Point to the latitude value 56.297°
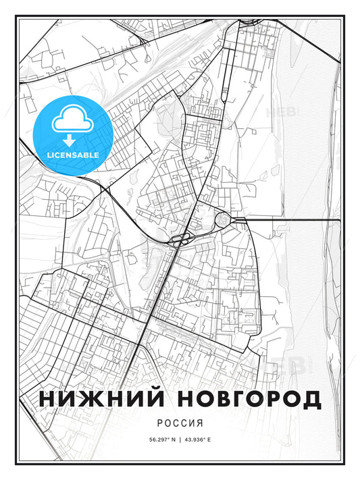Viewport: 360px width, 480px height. [x=160, y=440]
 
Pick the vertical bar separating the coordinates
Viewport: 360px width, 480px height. [x=180, y=440]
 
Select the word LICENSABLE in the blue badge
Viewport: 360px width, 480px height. [x=72, y=155]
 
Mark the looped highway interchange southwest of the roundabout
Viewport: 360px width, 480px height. [x=180, y=239]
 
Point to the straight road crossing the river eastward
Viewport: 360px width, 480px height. [x=297, y=219]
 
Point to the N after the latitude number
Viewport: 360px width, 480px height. [x=174, y=440]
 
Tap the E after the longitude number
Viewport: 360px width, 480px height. [x=209, y=440]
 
